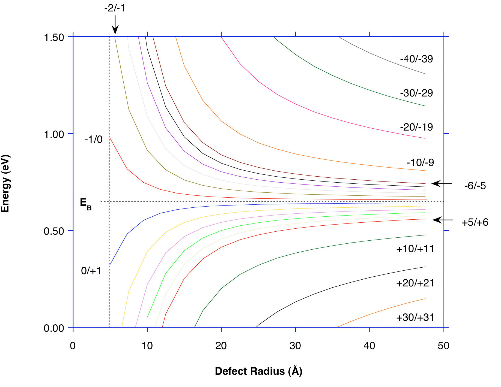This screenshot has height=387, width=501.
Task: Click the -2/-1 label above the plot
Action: (115, 8)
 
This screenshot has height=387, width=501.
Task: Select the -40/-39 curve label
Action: (416, 59)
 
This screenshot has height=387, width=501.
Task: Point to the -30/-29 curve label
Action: (416, 93)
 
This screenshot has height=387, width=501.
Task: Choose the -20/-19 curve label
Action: (416, 127)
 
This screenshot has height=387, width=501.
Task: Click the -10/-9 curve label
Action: (420, 162)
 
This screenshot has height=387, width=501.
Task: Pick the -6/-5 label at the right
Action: (475, 186)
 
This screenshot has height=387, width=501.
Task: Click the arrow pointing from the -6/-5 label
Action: (442, 184)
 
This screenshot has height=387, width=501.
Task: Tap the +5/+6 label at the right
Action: (475, 222)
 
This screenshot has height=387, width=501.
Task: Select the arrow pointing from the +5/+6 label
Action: (443, 220)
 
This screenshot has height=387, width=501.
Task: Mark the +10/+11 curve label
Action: (415, 249)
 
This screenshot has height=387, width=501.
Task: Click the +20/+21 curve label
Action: (415, 283)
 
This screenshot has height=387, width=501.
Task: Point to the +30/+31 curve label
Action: (415, 318)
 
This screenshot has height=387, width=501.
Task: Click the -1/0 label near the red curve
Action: (94, 140)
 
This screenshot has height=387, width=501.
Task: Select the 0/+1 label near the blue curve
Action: (91, 271)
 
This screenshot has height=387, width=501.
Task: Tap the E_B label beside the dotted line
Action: (85, 204)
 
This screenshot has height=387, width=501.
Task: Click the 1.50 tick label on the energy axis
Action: (54, 37)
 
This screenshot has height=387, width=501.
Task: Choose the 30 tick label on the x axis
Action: (295, 346)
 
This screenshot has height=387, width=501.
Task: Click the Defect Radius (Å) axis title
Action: (258, 371)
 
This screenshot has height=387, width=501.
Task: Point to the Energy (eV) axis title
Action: (5, 183)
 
